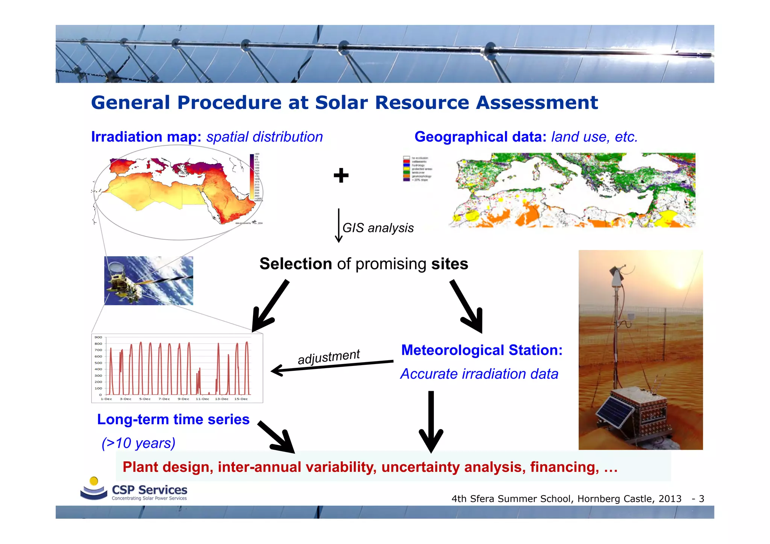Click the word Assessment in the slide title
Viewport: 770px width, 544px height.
[537, 103]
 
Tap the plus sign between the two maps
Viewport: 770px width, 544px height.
[341, 175]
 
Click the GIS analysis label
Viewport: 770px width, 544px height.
[378, 228]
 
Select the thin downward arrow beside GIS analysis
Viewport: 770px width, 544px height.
[338, 225]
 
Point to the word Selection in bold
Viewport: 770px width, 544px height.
[296, 264]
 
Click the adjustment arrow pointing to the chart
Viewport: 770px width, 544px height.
[331, 366]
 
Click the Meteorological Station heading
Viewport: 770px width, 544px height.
[482, 350]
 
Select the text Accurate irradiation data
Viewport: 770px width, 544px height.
[479, 374]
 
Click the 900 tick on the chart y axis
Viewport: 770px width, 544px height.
[98, 337]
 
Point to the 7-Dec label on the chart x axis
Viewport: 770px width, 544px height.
[164, 399]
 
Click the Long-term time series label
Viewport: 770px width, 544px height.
[173, 419]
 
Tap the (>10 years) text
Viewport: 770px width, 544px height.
[138, 443]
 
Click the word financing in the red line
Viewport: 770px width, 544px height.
[564, 467]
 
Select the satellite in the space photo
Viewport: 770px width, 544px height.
[124, 282]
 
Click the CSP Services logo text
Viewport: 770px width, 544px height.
[149, 490]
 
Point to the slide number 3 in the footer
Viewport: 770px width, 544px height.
[701, 499]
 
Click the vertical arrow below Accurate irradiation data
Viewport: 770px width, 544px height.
[431, 421]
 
